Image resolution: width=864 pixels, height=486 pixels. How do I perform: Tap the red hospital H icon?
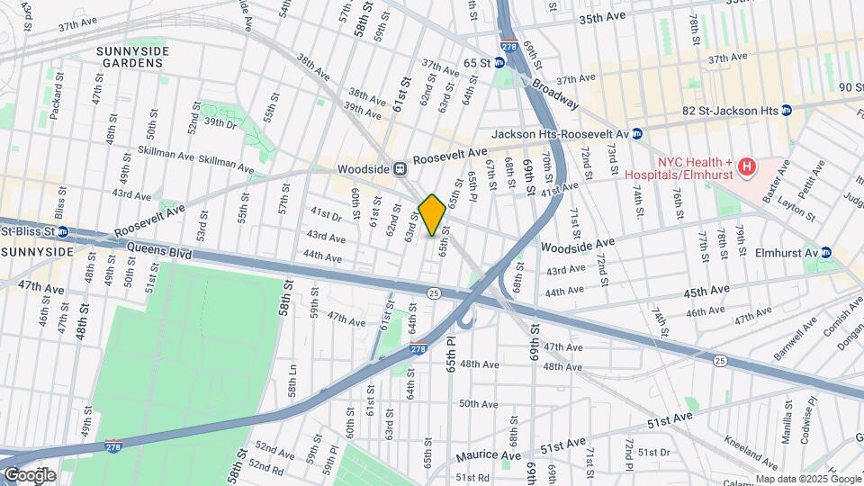[x=745, y=166]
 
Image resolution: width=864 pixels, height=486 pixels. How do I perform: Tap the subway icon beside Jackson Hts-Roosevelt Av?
[x=636, y=134]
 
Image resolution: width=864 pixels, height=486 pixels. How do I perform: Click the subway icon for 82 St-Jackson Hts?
[x=786, y=110]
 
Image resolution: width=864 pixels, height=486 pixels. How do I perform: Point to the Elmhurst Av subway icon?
[x=825, y=252]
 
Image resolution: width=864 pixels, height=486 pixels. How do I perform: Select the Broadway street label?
[x=555, y=93]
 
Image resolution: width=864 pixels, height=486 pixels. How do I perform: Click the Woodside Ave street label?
[x=577, y=244]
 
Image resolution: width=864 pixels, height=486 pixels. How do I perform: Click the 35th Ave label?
[x=601, y=19]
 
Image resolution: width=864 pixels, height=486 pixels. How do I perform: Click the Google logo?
[x=30, y=475]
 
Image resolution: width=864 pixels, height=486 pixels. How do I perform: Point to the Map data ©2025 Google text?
[x=806, y=479]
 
